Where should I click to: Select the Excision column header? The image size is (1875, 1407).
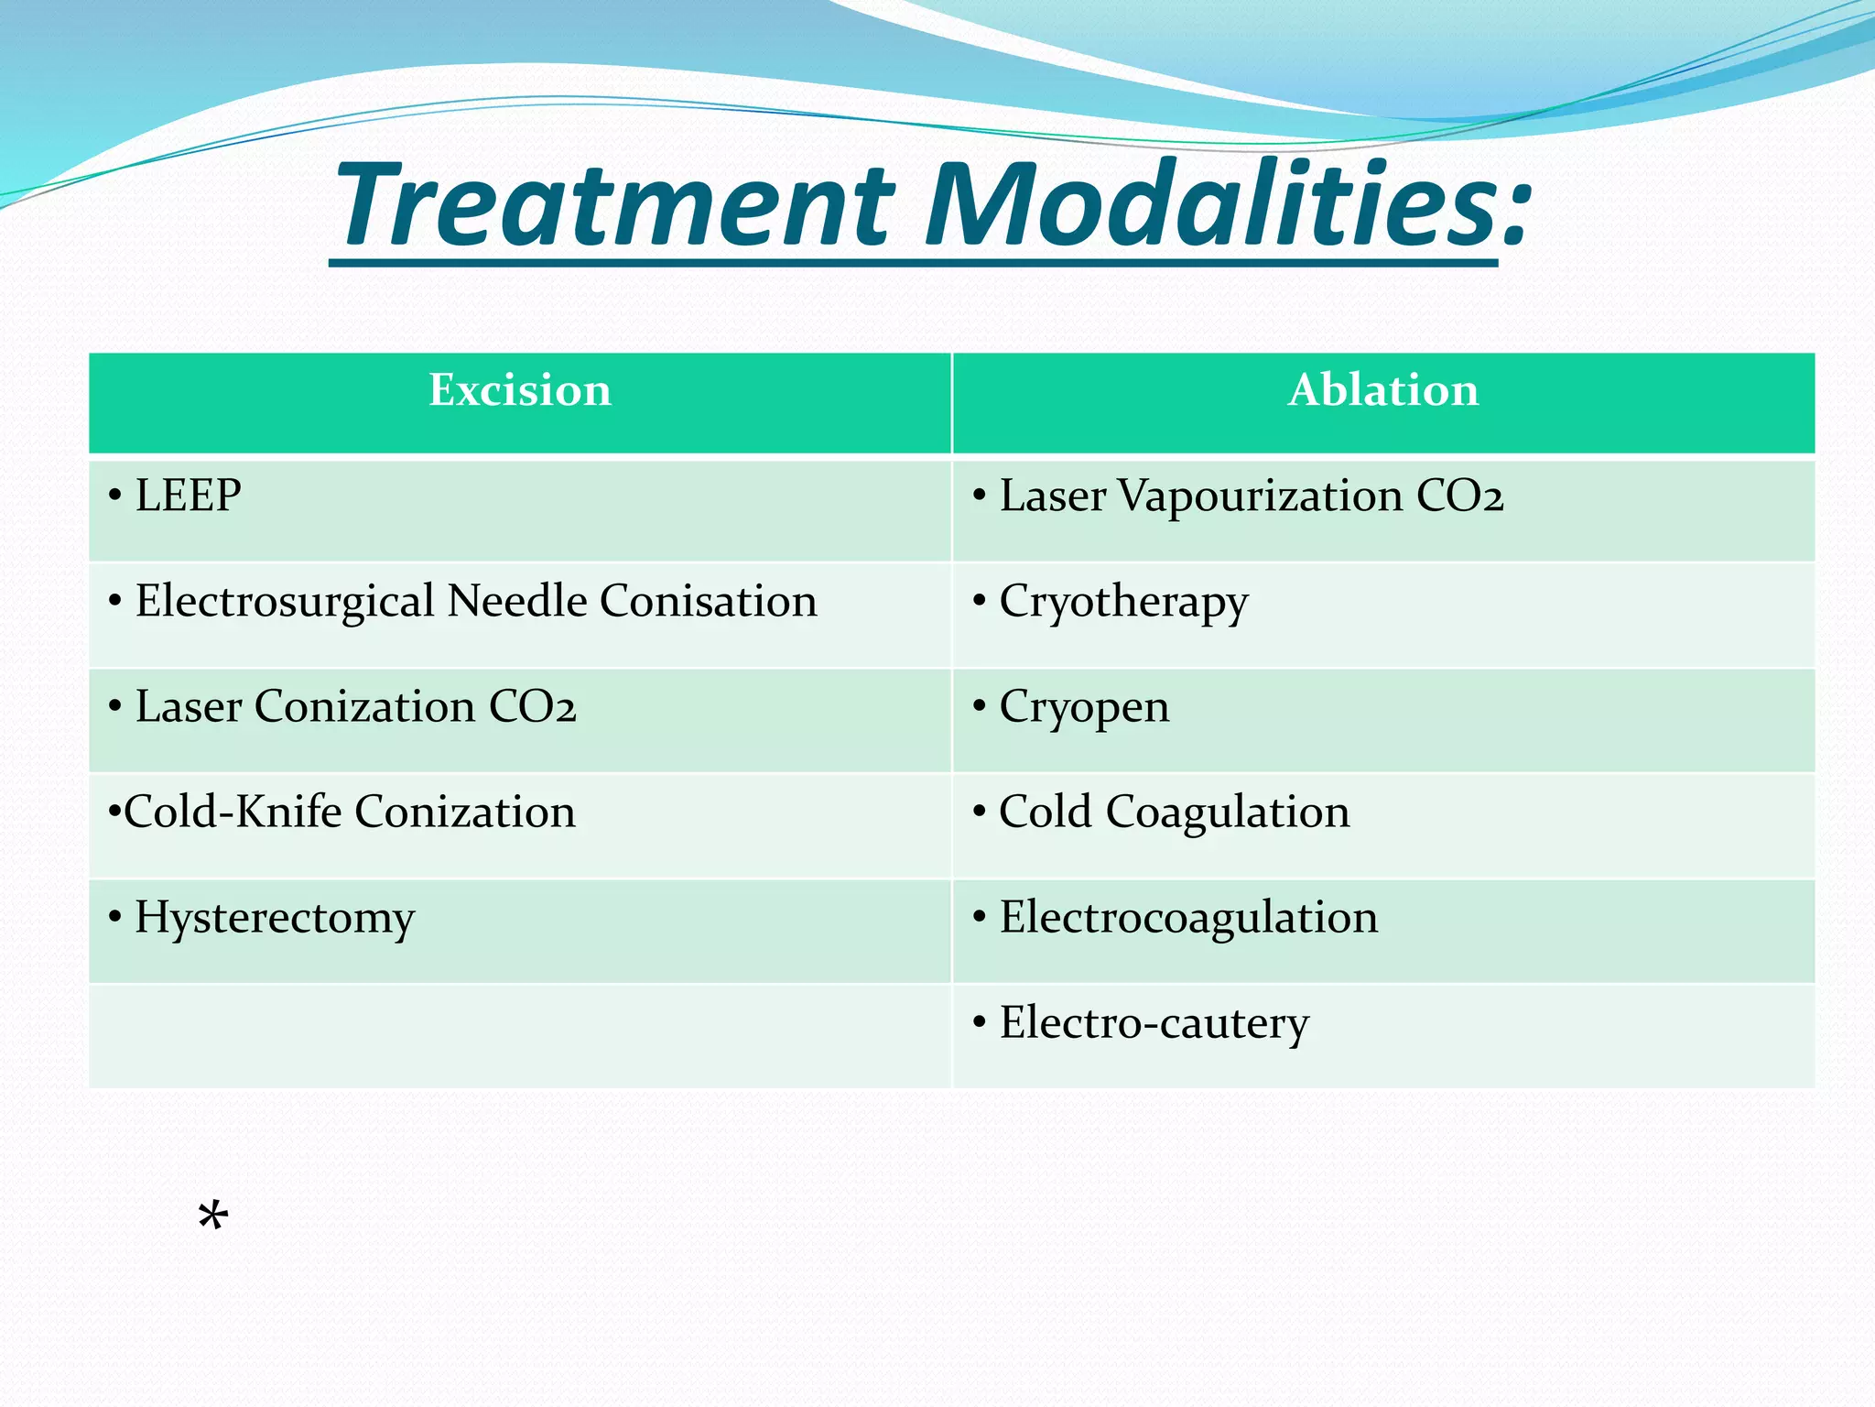point(520,391)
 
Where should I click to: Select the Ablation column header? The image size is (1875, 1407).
point(1383,391)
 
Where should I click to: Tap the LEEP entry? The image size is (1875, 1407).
point(189,496)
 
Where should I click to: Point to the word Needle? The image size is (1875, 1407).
point(516,602)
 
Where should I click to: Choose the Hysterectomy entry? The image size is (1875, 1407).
point(275,919)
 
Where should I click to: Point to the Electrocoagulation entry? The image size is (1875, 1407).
point(1188,919)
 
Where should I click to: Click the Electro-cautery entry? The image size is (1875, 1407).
point(1154,1023)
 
